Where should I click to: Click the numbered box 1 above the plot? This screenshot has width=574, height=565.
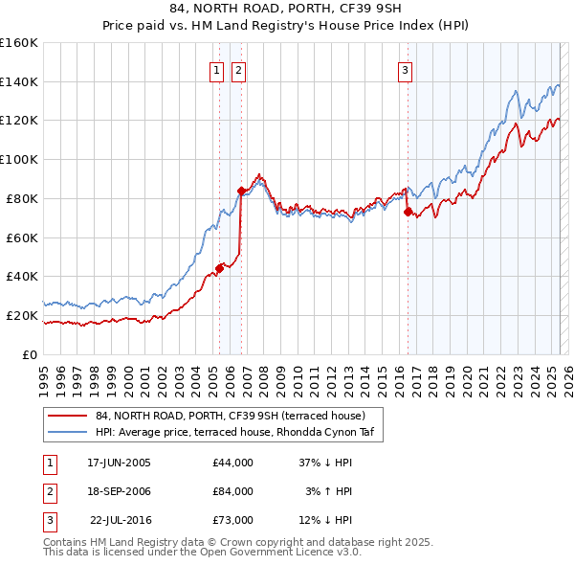216,69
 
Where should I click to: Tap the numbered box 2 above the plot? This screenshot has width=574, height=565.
237,69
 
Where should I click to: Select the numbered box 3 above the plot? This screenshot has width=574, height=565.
405,69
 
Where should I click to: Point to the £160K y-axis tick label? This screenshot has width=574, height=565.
19,43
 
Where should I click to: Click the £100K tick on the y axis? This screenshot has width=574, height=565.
19,160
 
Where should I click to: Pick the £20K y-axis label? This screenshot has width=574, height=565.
22,315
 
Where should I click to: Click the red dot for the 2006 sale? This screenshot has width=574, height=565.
241,191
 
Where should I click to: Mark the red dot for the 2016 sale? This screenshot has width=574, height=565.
408,212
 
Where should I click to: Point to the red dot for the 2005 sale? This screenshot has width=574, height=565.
220,268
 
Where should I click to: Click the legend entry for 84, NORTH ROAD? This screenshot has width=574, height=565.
230,416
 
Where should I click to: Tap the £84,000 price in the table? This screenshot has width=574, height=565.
233,491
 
